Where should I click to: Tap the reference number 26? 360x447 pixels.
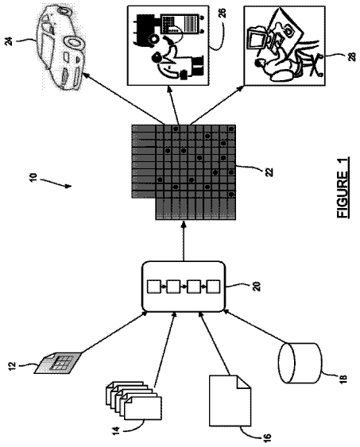(223, 13)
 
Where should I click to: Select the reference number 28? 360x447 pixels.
(353, 56)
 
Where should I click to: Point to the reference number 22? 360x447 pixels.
(269, 172)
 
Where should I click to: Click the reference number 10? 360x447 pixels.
(33, 177)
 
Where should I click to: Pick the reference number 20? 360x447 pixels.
(257, 286)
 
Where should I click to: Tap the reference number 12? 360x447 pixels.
(13, 366)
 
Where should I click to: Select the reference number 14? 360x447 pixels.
(116, 430)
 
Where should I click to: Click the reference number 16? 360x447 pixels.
(267, 438)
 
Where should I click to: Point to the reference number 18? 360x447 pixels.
(343, 378)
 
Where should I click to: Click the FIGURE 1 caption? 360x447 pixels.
(343, 188)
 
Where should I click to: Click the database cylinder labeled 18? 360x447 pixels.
(300, 363)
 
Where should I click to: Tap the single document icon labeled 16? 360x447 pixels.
(230, 400)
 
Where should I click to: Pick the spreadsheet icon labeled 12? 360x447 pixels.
(58, 362)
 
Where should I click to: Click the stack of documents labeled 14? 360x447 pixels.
(134, 401)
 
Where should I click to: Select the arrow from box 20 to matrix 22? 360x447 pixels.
(184, 241)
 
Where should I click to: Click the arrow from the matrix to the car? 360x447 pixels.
(124, 98)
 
